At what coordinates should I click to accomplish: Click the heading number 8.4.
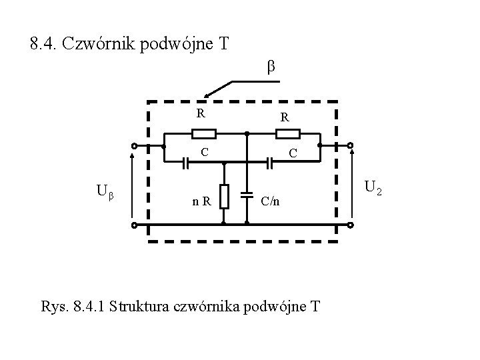(x=46, y=45)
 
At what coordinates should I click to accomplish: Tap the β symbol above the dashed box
(x=271, y=67)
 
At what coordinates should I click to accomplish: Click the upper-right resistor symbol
(x=288, y=133)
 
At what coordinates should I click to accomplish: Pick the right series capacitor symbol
(x=269, y=162)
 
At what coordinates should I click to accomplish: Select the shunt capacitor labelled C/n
(x=247, y=196)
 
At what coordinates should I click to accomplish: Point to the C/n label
(x=271, y=199)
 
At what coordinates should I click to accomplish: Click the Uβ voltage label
(x=106, y=192)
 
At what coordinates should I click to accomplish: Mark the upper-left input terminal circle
(x=133, y=146)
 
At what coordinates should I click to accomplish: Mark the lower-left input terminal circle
(x=133, y=225)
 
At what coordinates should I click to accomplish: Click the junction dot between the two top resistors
(x=247, y=133)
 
